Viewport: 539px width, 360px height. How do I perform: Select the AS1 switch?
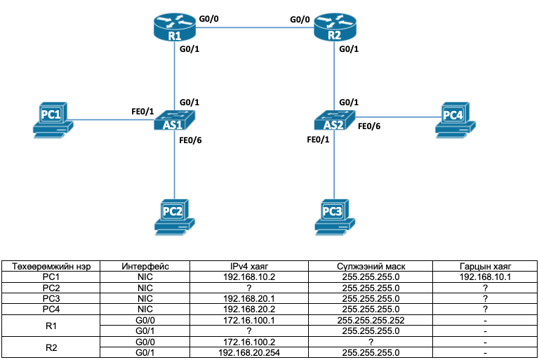175,121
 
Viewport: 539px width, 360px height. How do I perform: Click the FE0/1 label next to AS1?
142,111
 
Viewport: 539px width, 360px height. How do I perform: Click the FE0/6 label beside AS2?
369,126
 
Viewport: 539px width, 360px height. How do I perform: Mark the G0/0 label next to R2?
301,20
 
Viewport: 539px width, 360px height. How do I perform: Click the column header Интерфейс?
145,266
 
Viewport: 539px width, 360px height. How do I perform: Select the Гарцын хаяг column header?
485,266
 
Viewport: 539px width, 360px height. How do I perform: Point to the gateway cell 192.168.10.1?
485,276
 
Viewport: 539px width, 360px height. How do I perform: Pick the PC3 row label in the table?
51,298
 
